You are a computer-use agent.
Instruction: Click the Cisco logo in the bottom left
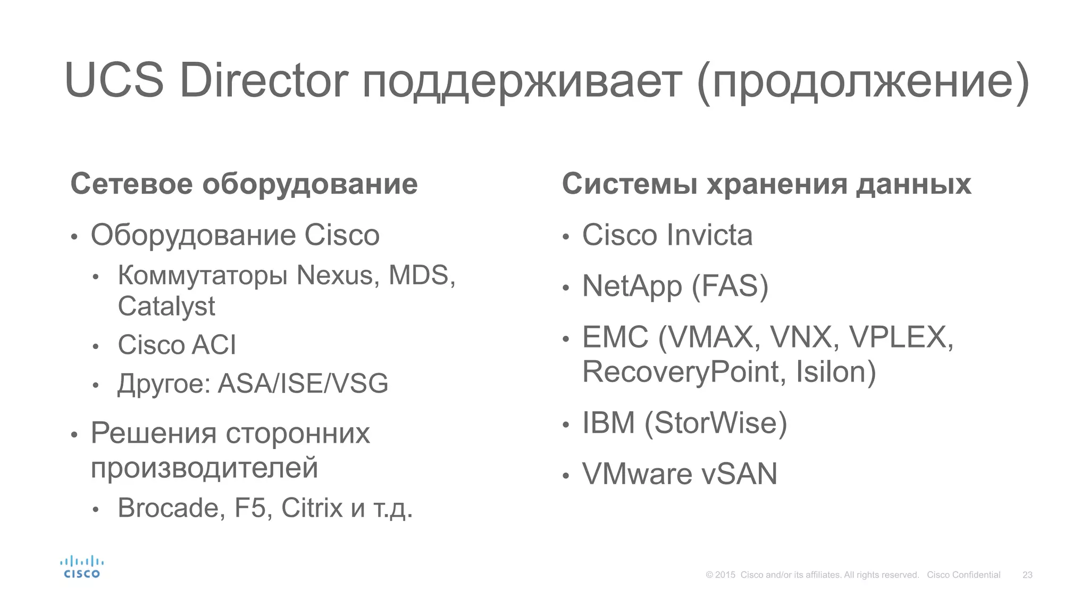[81, 567]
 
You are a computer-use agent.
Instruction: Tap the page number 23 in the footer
[1027, 575]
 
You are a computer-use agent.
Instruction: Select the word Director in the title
[264, 81]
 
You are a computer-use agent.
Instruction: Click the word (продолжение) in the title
[863, 82]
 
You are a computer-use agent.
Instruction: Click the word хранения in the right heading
[776, 185]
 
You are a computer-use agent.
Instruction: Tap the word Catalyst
[166, 307]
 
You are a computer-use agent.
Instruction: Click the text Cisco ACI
[177, 345]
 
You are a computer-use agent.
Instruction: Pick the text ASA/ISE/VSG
[303, 384]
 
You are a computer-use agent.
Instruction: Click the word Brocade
[169, 508]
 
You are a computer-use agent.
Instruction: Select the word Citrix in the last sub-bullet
[312, 508]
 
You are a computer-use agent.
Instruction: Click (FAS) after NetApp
[730, 286]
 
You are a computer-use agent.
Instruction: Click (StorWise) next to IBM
[716, 423]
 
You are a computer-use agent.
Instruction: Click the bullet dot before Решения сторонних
[74, 435]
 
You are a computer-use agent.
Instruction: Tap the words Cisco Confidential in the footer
[964, 575]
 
